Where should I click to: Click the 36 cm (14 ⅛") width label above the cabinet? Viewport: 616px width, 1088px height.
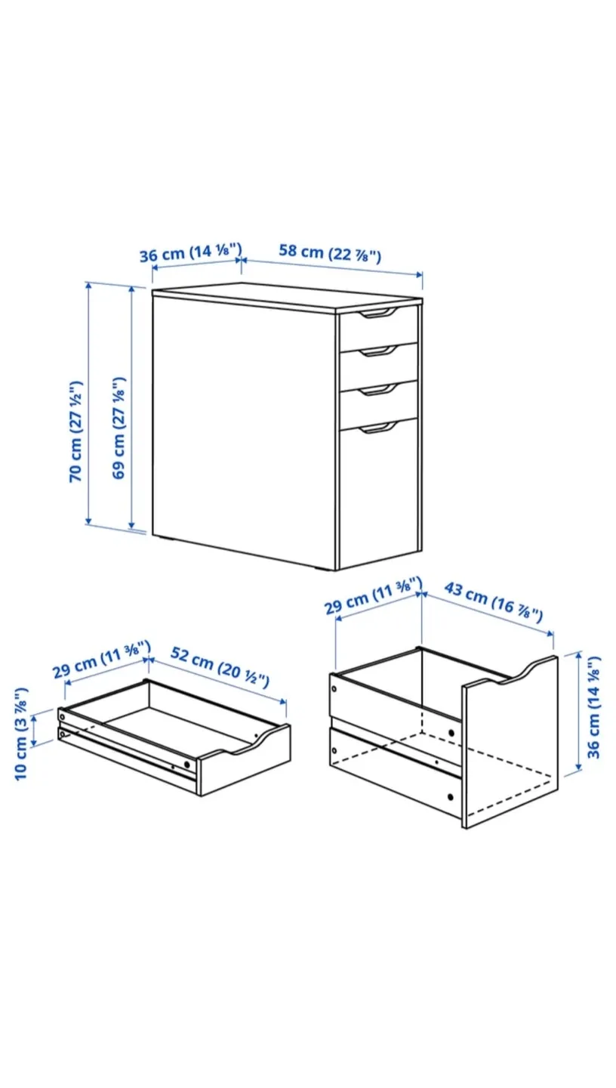tap(190, 252)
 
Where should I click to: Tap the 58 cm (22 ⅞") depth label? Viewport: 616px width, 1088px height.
tap(330, 253)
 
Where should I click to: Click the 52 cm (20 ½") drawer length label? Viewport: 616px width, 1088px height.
tap(220, 666)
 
